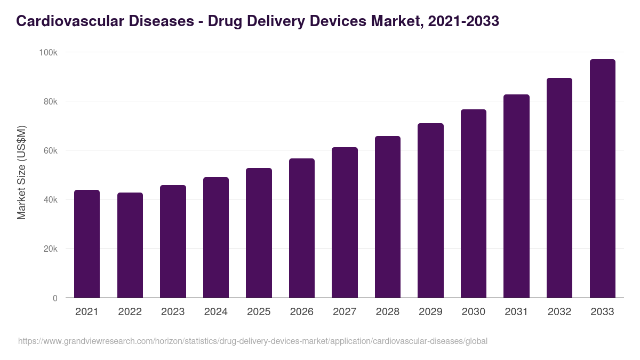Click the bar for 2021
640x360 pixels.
click(87, 244)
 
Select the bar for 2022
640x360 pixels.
click(130, 245)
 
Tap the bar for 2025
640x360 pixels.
click(259, 233)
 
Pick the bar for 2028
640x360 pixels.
click(388, 217)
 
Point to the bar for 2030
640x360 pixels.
click(474, 204)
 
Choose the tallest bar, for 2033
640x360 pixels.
click(602, 179)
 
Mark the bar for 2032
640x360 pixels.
click(559, 188)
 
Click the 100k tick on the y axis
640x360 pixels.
click(49, 52)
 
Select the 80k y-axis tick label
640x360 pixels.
click(50, 101)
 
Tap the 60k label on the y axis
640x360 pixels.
click(50, 150)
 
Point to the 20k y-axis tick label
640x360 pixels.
click(50, 249)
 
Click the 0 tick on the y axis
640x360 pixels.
click(55, 298)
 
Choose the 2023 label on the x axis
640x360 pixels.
click(173, 312)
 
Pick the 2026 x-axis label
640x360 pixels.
click(302, 312)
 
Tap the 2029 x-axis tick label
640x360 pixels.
click(430, 312)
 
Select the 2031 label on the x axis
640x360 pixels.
click(516, 312)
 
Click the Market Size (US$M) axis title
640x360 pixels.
click(21, 172)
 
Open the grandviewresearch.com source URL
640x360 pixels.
click(253, 341)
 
